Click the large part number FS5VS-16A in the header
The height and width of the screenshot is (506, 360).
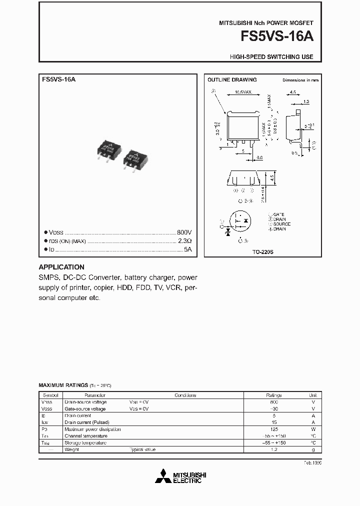(x=278, y=38)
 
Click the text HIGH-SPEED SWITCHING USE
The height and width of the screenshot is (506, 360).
(x=271, y=57)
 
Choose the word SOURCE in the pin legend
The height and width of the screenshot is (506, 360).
(x=281, y=224)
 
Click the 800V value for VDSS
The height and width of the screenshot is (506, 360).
(x=184, y=233)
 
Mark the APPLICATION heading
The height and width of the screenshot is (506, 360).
(x=61, y=267)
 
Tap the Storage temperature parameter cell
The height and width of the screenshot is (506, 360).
(x=85, y=442)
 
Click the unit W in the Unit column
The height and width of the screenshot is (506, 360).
(x=313, y=429)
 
